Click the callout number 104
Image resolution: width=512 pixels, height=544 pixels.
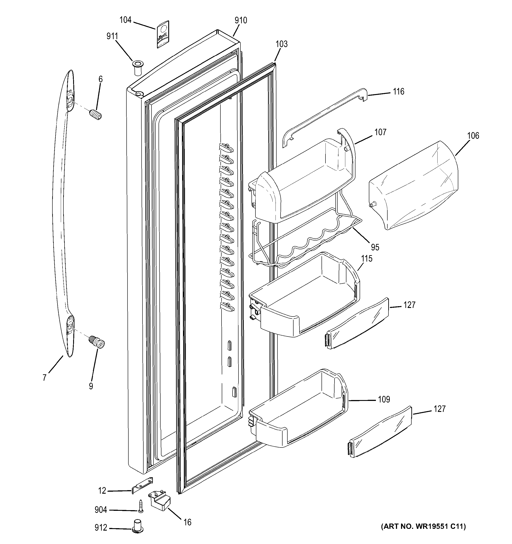point(125,20)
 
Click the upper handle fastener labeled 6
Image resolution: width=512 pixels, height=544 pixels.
point(96,114)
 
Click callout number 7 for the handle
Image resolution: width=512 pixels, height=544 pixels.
point(44,378)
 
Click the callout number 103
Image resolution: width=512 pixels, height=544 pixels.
point(281,44)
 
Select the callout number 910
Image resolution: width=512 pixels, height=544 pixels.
point(241,20)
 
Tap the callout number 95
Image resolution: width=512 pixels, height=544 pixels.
point(375,247)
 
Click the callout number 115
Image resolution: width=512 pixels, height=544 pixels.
point(367,258)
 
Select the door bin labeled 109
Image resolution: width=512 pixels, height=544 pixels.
point(299,410)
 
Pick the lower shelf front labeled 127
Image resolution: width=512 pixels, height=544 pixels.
point(381,432)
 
